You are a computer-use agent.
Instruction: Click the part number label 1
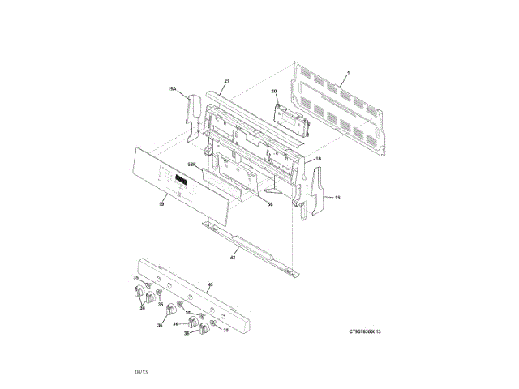tap(346, 74)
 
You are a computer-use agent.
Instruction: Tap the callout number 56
tap(270, 204)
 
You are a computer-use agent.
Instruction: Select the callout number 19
tap(161, 205)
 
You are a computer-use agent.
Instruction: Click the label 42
tap(233, 257)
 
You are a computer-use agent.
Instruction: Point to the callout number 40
tap(210, 284)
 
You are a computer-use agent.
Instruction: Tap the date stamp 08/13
tap(141, 371)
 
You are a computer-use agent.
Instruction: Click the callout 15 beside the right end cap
tap(337, 196)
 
